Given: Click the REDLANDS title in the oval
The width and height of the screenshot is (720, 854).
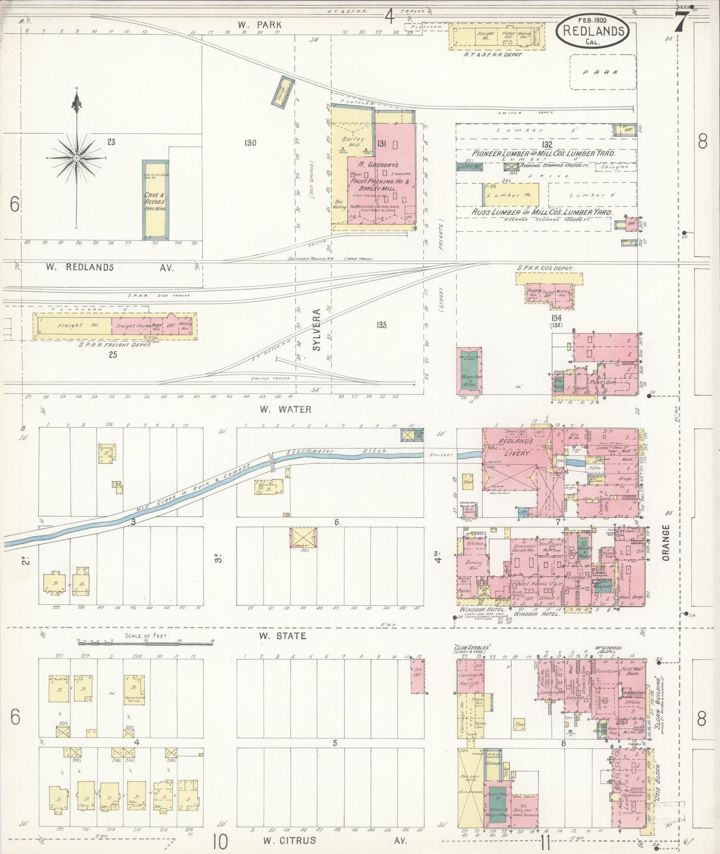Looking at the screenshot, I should pos(593,30).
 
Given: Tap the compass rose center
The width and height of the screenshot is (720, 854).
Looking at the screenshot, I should pos(77,158).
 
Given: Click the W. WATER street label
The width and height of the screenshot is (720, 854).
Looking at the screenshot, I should pos(285,410).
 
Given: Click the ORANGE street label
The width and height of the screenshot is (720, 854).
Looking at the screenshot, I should pos(666,544).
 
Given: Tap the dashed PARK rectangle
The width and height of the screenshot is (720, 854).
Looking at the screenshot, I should pos(603,72).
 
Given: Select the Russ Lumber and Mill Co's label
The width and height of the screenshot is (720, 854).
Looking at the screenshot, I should pos(542,212).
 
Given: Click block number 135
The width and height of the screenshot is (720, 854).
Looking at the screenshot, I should pos(382,325).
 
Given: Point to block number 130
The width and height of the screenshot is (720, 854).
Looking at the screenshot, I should pos(250,143).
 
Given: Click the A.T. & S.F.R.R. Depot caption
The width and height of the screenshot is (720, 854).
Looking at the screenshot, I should pos(493,54).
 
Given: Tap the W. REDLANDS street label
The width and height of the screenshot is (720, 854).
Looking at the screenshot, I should pos(80,268).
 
